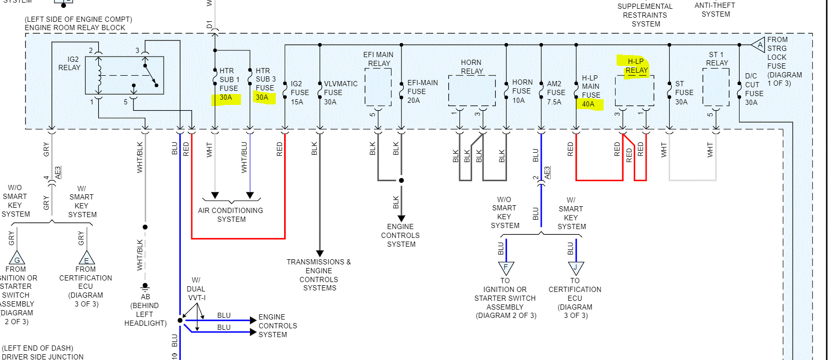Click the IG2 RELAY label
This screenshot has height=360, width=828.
pos(69,63)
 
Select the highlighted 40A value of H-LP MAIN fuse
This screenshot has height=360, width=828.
pos(588,104)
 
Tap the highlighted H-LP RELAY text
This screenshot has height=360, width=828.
pos(636,66)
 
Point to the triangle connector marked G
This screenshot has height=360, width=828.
pos(17,258)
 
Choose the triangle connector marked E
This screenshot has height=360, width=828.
pos(86,258)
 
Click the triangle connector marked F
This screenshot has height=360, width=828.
pos(505,268)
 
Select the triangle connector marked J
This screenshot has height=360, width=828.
pos(576,268)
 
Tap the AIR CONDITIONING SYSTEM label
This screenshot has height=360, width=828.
pos(231,215)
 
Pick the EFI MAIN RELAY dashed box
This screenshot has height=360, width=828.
pos(378,87)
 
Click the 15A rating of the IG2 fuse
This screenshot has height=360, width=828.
pos(297,102)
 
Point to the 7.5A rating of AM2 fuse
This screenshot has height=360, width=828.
pos(554,102)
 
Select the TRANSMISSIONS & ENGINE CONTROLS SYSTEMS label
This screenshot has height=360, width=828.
pos(319,275)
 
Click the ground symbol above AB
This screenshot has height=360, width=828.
pos(145,286)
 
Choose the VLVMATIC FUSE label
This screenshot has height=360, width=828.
pos(341,92)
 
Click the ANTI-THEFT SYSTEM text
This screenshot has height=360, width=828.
pos(715,9)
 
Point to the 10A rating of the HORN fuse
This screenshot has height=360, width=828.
pos(518,100)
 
